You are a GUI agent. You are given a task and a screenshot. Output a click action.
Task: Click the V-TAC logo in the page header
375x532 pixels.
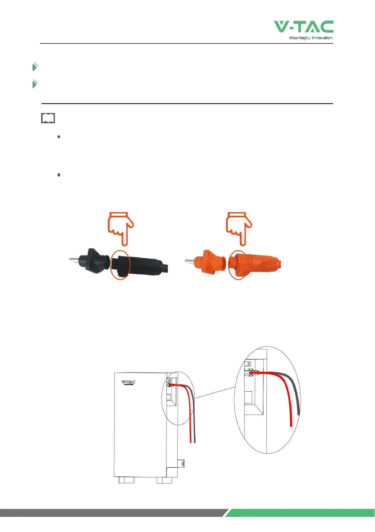click(x=304, y=27)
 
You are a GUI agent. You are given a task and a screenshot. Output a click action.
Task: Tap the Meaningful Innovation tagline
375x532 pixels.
click(x=311, y=38)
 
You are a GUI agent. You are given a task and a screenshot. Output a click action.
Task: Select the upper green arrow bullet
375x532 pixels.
click(x=34, y=67)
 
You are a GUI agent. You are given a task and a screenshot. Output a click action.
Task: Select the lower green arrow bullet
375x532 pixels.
click(x=34, y=84)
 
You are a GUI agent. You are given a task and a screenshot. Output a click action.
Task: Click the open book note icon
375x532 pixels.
click(x=48, y=118)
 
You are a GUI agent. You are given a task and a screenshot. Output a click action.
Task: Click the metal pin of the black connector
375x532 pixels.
click(x=74, y=260)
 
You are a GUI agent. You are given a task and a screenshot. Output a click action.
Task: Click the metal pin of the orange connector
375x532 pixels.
click(x=190, y=261)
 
